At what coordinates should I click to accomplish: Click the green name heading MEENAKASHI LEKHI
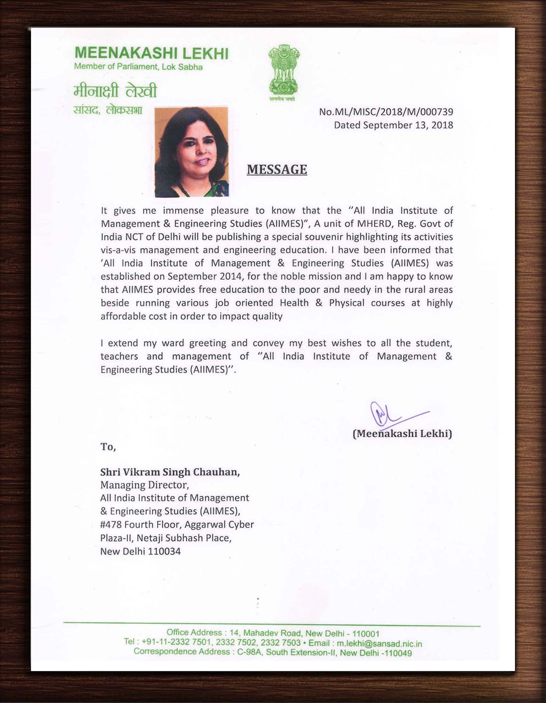[x=151, y=53]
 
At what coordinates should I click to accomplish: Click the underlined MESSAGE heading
[x=277, y=169]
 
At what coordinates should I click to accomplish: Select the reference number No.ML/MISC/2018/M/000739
[x=386, y=112]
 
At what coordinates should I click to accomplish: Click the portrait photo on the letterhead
[x=191, y=151]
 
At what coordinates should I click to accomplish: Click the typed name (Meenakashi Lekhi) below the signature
[x=402, y=434]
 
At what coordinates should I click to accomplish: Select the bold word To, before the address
[x=108, y=447]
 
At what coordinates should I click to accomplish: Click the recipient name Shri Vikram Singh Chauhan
[x=170, y=472]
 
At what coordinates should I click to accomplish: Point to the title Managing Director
[x=144, y=485]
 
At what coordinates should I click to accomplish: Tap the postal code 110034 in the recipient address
[x=164, y=551]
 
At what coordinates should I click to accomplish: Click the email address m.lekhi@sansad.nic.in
[x=380, y=643]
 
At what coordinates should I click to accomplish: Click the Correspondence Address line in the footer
[x=273, y=652]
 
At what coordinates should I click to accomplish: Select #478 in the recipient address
[x=111, y=524]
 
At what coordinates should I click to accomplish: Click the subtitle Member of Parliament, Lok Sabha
[x=138, y=67]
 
